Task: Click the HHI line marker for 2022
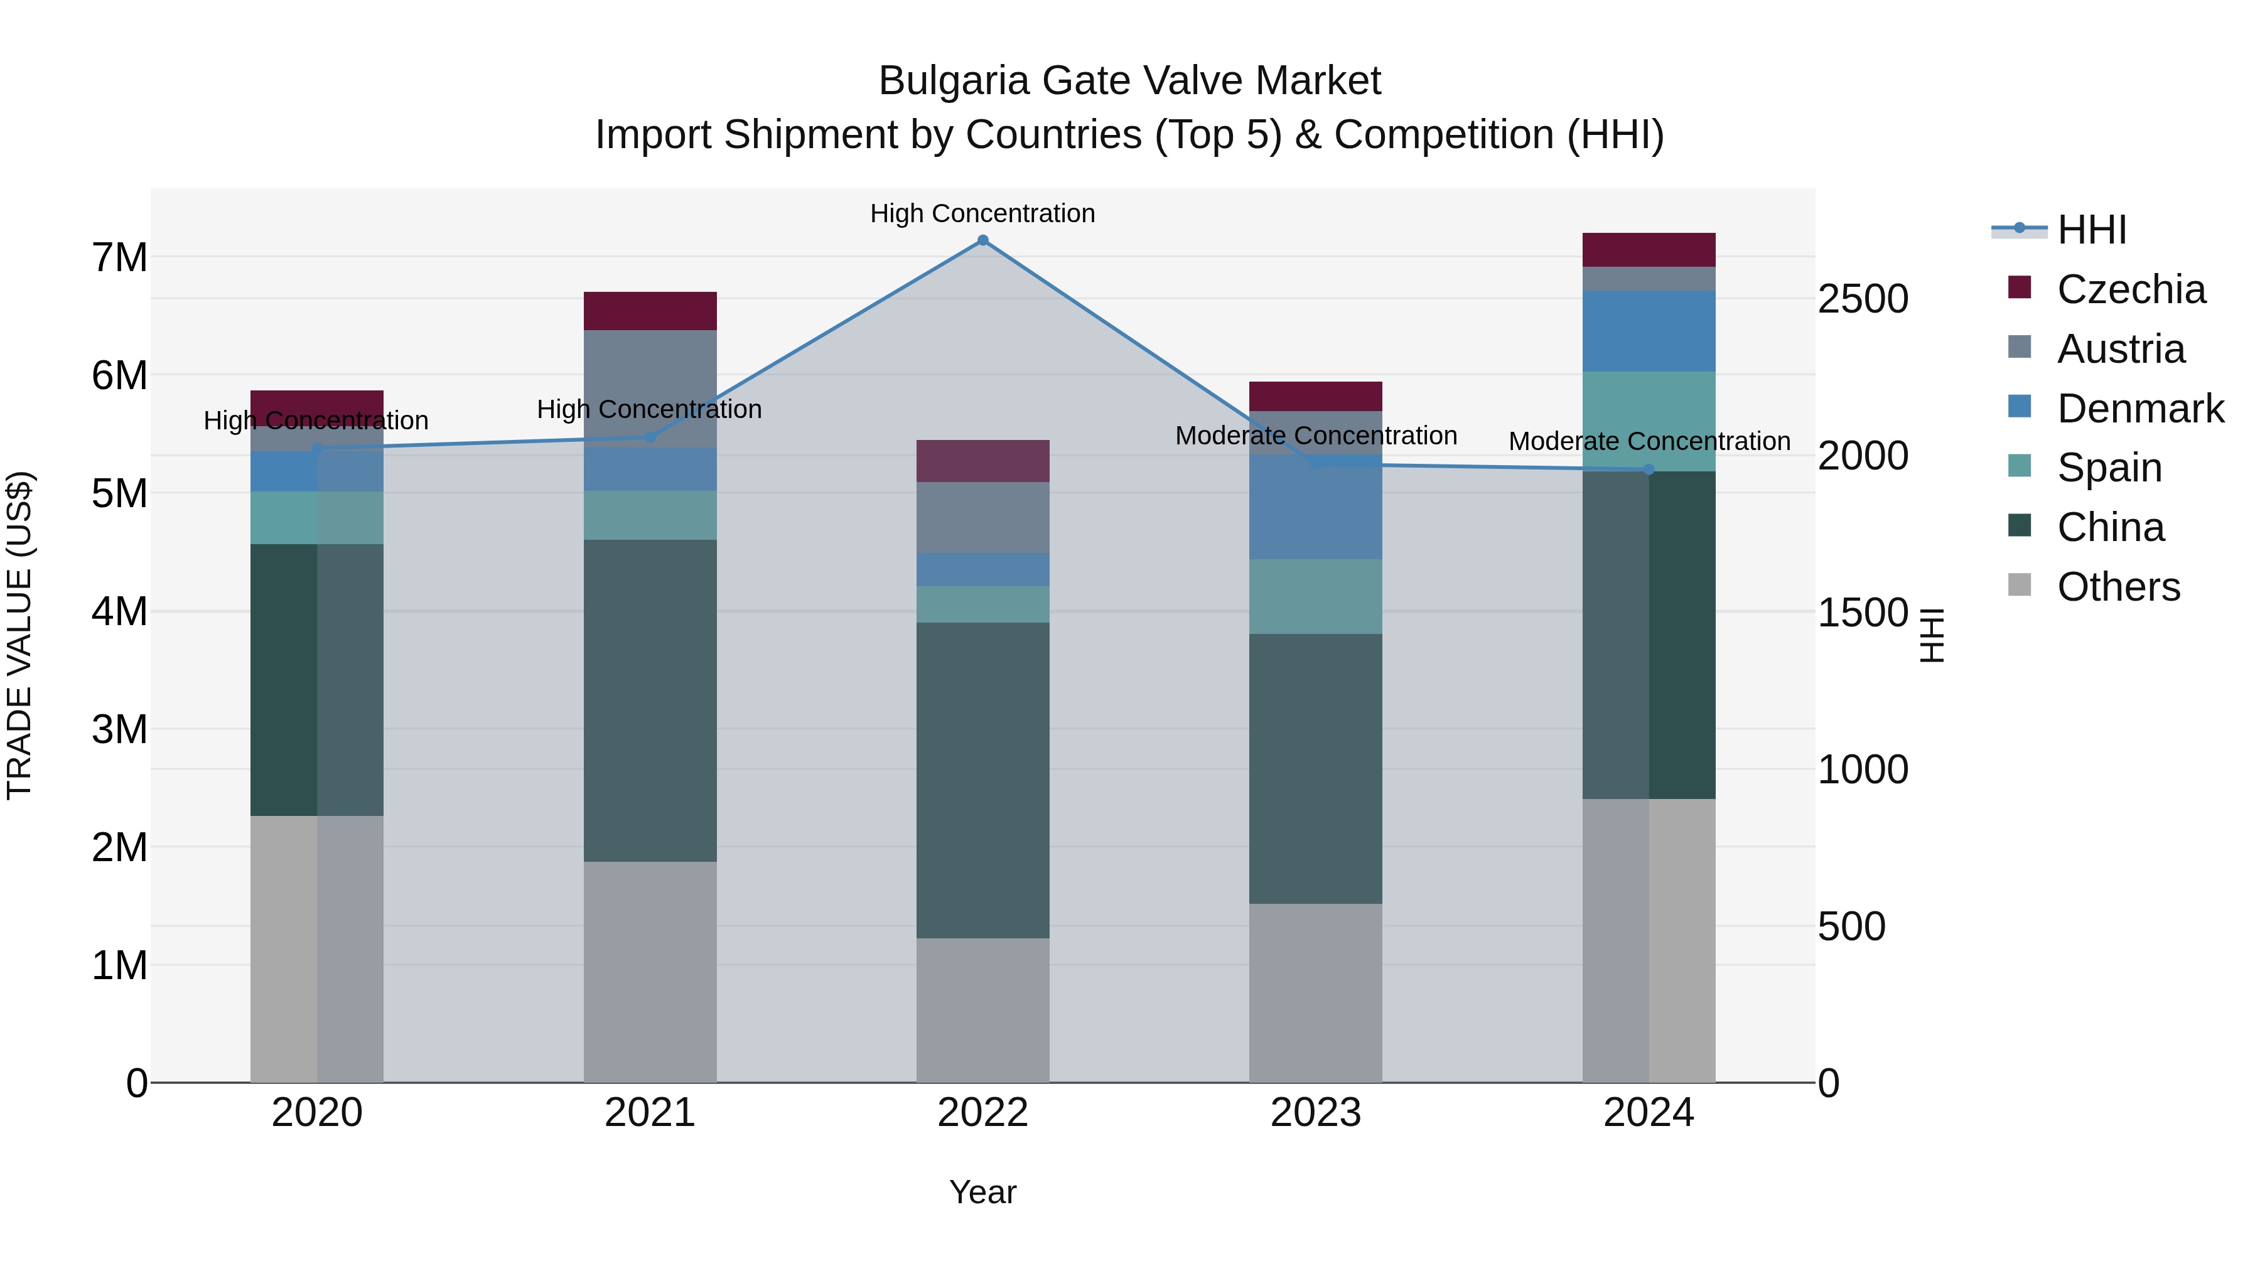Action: click(x=982, y=240)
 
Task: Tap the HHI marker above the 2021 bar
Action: click(x=650, y=437)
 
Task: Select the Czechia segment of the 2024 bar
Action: click(x=1649, y=250)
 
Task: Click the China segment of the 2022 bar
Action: click(x=982, y=781)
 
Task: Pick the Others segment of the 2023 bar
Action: click(x=1315, y=993)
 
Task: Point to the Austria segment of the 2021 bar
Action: click(x=650, y=389)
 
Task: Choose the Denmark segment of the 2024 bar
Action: click(x=1649, y=331)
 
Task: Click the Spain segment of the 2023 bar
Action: click(x=1315, y=596)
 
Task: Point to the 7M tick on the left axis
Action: click(x=119, y=258)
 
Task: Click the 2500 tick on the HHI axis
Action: click(x=1862, y=299)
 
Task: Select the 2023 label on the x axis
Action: click(x=1315, y=1113)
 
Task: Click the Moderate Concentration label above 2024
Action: click(x=1649, y=441)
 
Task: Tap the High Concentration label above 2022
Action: click(x=982, y=213)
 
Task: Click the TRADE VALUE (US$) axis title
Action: click(x=19, y=635)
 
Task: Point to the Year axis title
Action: click(x=982, y=1192)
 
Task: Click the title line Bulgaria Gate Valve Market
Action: click(x=1129, y=81)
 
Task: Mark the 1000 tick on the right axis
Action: click(x=1862, y=770)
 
